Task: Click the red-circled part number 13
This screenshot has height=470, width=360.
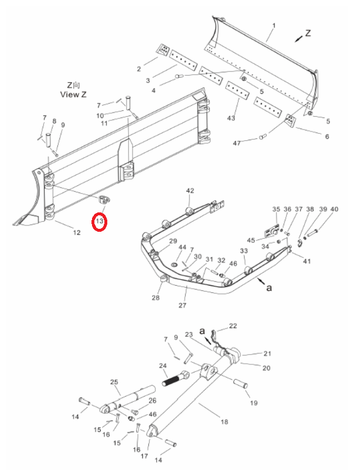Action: pyautogui.click(x=100, y=221)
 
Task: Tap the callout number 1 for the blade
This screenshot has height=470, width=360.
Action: pyautogui.click(x=274, y=26)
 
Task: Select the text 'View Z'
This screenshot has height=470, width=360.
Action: pyautogui.click(x=73, y=94)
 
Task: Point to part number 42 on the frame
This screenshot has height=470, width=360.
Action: pyautogui.click(x=190, y=191)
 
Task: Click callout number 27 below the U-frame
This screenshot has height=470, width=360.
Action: pyautogui.click(x=182, y=305)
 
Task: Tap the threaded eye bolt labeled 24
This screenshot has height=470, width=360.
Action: pyautogui.click(x=175, y=378)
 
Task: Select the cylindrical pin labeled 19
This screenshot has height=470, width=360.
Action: pyautogui.click(x=240, y=384)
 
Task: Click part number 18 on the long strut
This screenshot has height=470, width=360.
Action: pyautogui.click(x=225, y=422)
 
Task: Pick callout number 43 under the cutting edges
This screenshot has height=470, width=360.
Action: pyautogui.click(x=231, y=118)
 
